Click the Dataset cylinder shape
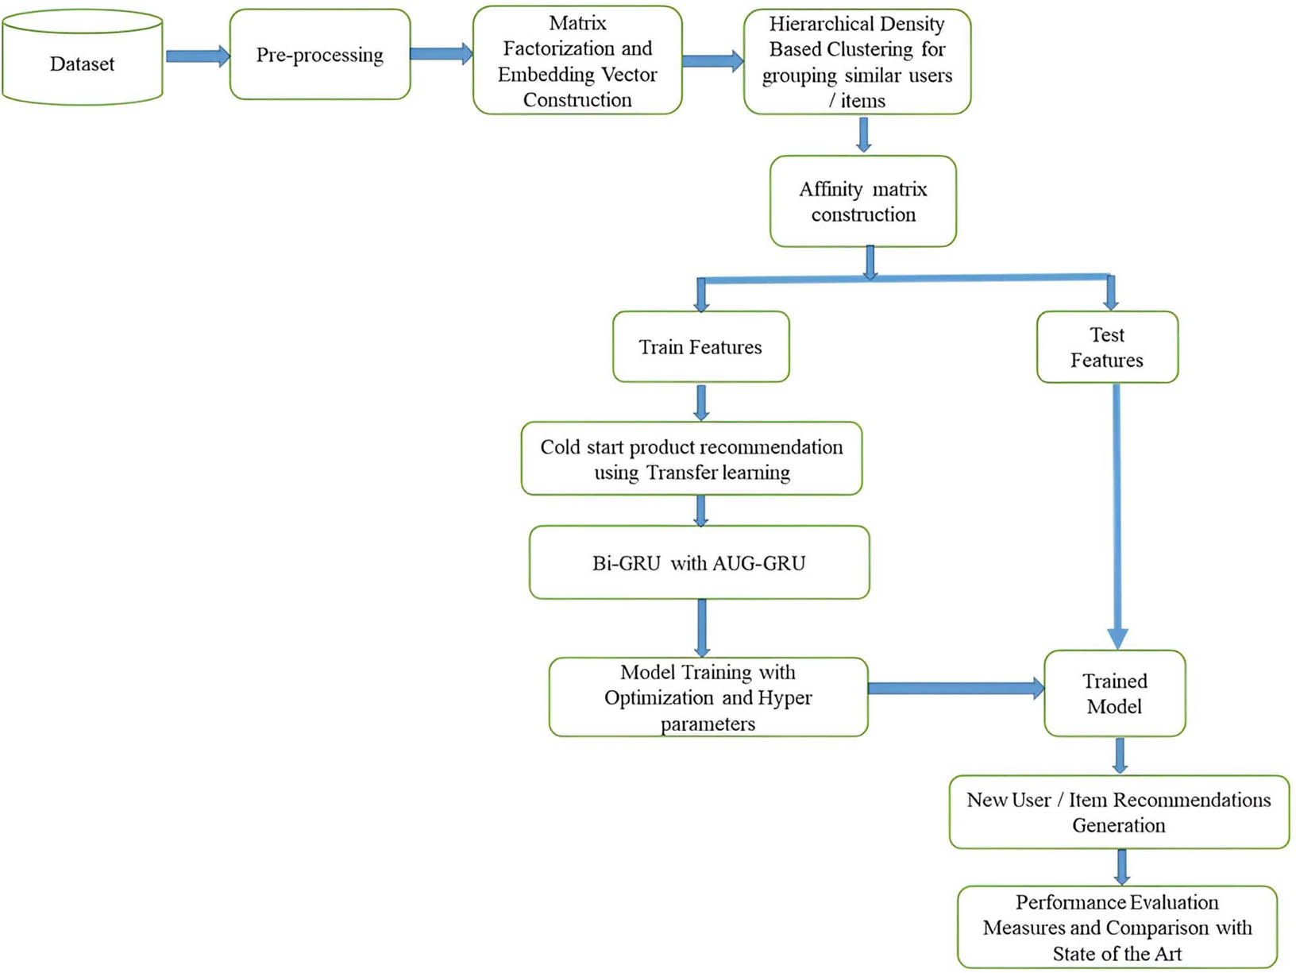pos(82,64)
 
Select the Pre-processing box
pos(320,55)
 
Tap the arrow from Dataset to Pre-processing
pos(197,56)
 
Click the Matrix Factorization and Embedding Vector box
pos(577,61)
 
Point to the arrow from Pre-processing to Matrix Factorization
pos(441,54)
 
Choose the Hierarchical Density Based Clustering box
pos(857,62)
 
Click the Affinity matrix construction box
pos(863,202)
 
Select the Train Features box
pos(700,347)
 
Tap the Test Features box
pos(1107,347)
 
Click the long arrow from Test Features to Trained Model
pos(1117,516)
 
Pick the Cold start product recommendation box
pos(692,459)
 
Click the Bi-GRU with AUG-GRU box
pos(699,563)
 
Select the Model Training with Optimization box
pos(708,697)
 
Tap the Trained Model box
pos(1114,693)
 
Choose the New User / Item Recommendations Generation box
pos(1118,812)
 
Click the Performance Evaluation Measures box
pos(1117,927)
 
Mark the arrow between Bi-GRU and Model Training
pos(702,627)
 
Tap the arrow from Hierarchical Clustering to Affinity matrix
pos(864,134)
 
